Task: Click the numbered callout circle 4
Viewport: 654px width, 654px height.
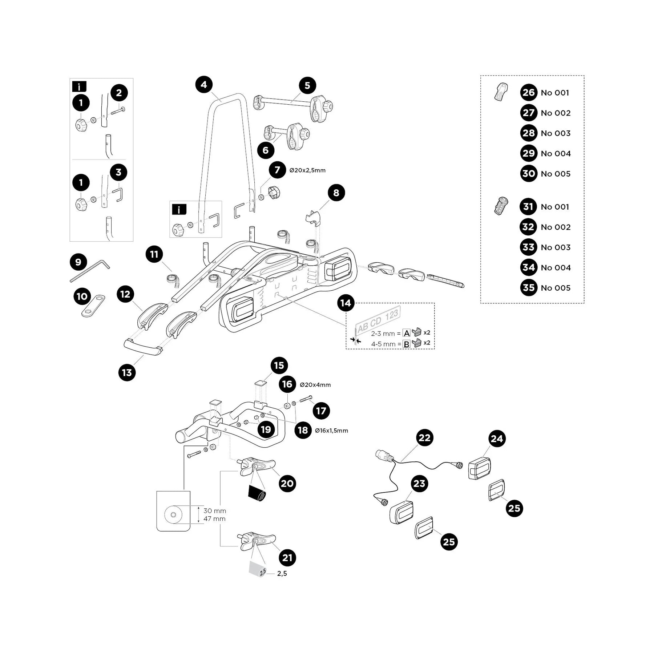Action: coord(204,85)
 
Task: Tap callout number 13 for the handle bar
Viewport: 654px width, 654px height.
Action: coord(127,372)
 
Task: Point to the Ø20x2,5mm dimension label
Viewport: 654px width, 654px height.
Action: coord(307,170)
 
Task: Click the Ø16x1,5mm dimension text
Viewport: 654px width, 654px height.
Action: coord(331,431)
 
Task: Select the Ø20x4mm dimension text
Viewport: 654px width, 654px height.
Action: coord(315,385)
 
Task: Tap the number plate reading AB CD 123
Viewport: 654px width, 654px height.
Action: coord(378,320)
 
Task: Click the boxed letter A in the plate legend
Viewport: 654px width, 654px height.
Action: coord(407,333)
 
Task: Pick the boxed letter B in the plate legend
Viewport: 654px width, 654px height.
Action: coord(407,344)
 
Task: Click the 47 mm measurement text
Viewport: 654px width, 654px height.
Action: coord(214,519)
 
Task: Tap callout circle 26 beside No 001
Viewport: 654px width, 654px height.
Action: coord(529,93)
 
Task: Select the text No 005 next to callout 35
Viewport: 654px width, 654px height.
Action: coord(556,288)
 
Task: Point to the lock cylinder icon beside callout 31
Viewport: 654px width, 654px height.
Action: coord(500,206)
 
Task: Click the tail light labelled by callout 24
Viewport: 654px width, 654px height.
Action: coord(480,469)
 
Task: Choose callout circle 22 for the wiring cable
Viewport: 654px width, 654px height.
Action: coord(424,438)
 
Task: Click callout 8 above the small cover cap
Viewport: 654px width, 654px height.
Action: coord(336,193)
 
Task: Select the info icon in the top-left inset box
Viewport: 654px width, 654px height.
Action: coord(79,87)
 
